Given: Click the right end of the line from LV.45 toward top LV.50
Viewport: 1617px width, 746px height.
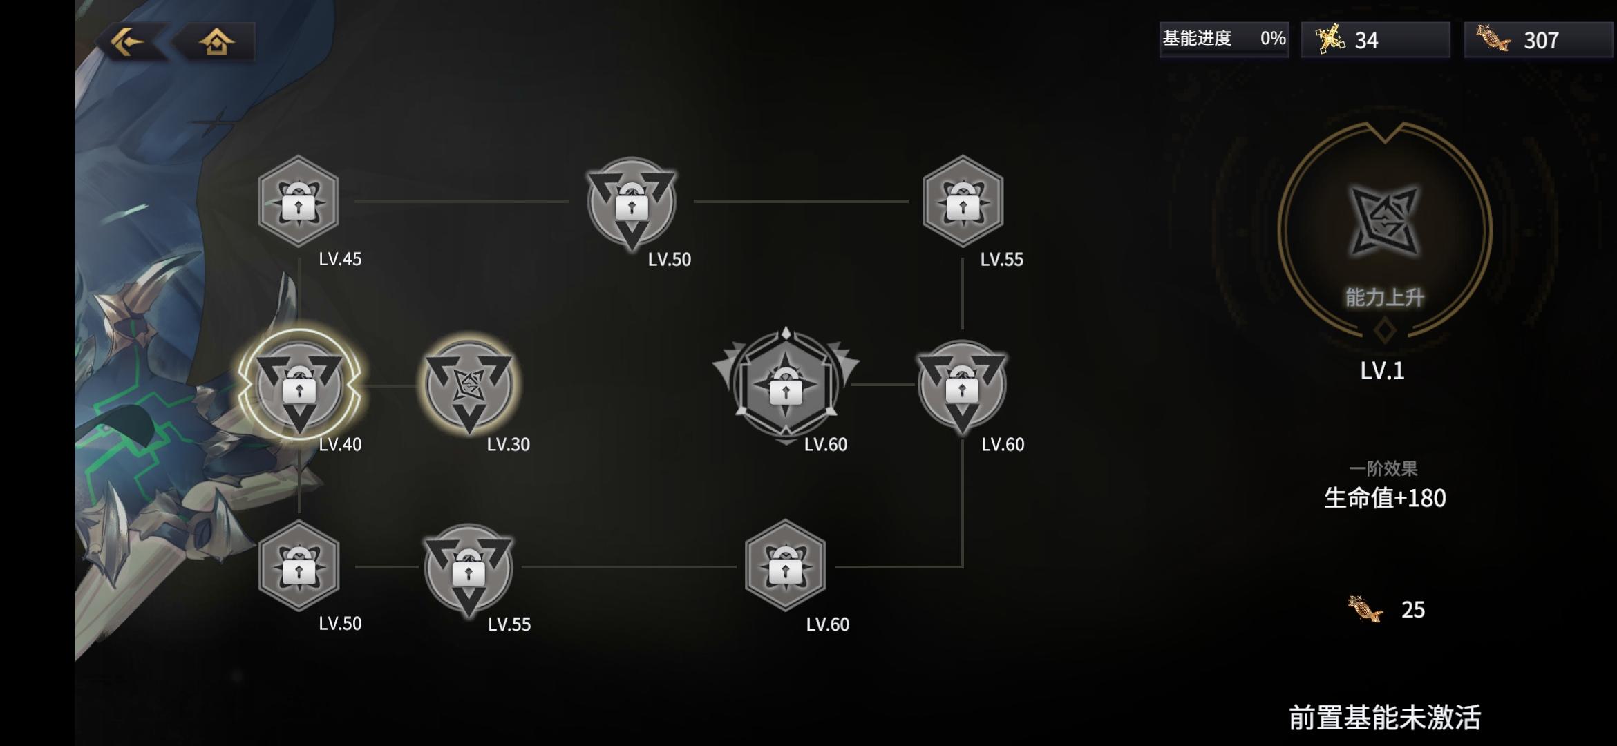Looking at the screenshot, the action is [x=569, y=201].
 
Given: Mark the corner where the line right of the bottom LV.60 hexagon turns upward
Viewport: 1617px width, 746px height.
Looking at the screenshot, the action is [x=963, y=566].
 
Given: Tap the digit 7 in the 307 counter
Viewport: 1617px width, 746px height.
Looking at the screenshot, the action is [x=1551, y=41].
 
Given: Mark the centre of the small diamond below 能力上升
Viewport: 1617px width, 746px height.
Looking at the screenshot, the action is [x=1384, y=330].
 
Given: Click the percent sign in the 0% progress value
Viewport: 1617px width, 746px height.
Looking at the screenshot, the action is [x=1278, y=38].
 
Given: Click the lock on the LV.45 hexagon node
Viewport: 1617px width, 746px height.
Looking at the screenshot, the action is [x=299, y=204].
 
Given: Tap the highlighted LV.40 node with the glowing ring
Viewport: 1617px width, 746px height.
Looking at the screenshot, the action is [x=299, y=385].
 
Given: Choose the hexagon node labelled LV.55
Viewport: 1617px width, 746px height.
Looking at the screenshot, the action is [x=963, y=201].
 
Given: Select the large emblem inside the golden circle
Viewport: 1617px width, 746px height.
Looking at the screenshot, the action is [x=1384, y=221].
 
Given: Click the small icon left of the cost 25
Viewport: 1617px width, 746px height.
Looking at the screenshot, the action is [x=1365, y=609].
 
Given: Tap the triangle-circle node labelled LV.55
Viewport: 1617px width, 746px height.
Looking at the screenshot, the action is [x=469, y=568].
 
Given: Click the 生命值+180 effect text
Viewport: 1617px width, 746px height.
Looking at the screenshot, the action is [x=1385, y=498].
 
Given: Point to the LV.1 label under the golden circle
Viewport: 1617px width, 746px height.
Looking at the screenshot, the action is [x=1382, y=371].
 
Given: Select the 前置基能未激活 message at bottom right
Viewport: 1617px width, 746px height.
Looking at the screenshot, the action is [x=1385, y=718].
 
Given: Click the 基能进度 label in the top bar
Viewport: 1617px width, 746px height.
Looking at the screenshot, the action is [x=1197, y=38].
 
